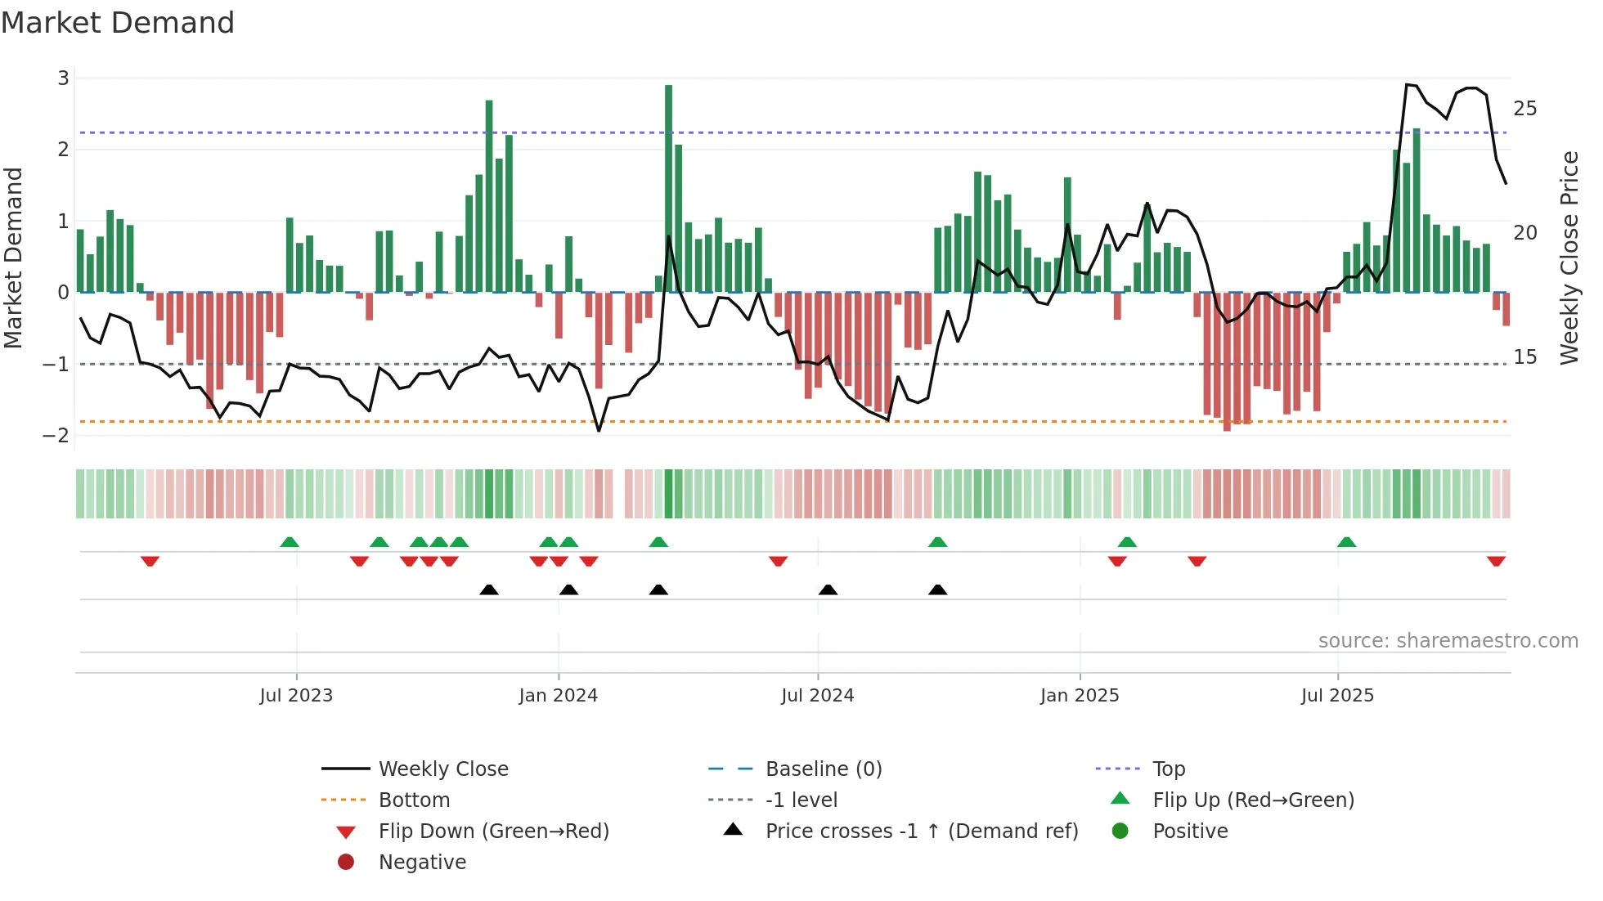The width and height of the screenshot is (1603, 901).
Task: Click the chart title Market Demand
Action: [118, 23]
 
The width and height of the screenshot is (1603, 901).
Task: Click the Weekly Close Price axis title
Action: [1569, 258]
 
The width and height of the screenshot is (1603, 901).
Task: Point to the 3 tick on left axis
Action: [63, 78]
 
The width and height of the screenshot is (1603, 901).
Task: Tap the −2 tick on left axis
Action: [56, 435]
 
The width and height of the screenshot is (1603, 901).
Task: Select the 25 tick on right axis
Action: [1524, 109]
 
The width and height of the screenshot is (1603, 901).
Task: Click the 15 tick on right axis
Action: [1524, 357]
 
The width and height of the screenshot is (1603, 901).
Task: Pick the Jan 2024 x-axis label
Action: [558, 696]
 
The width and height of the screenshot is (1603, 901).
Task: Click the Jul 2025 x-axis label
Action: [1337, 696]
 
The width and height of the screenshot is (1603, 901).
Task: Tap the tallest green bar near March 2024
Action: [668, 188]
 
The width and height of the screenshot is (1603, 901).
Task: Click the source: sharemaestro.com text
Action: [1448, 641]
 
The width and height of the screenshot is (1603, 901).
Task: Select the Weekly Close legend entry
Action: [442, 769]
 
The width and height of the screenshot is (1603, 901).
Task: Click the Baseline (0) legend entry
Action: [823, 769]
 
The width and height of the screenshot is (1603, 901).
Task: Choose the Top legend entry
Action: [1168, 769]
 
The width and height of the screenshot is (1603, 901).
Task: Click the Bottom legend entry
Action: [414, 800]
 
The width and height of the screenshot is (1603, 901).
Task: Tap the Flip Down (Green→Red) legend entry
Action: [493, 832]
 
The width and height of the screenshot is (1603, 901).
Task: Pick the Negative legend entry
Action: [422, 863]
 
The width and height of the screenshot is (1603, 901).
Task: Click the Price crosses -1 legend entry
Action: [921, 832]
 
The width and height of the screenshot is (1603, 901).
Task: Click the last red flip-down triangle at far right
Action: [1496, 561]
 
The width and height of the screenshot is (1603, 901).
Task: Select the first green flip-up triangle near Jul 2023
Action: [290, 542]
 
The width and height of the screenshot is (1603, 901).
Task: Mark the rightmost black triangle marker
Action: [938, 589]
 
